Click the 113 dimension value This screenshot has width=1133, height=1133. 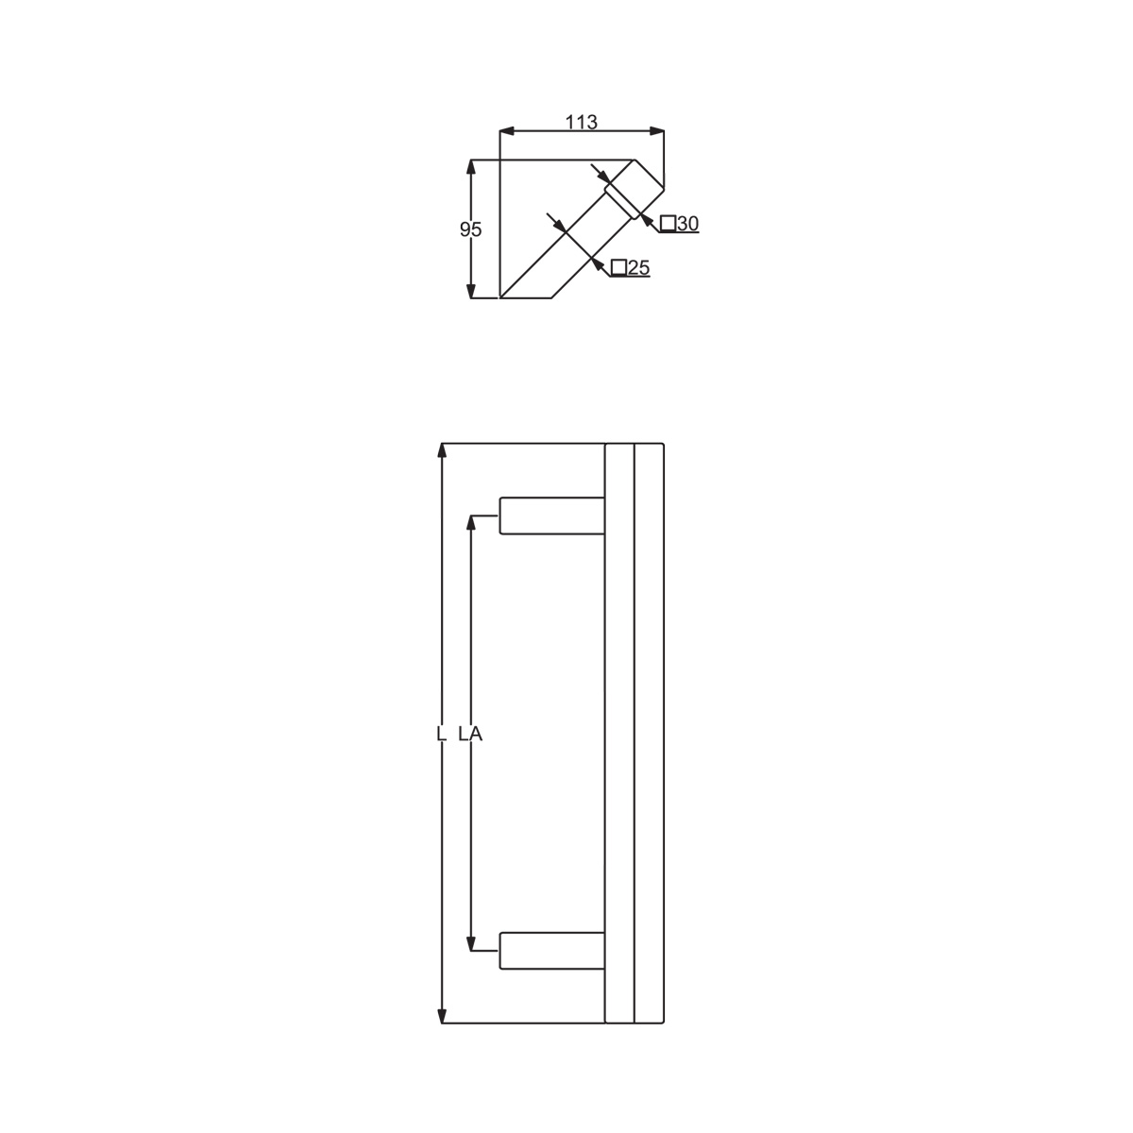coord(581,122)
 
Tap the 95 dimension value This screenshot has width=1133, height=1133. coord(470,229)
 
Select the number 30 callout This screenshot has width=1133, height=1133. coord(687,224)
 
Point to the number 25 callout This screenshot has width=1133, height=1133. coord(638,267)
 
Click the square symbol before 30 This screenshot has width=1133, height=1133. coord(668,224)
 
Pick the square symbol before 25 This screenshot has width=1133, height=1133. coord(618,267)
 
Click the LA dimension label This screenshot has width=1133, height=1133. coord(470,734)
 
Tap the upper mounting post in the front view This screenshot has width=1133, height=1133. coord(551,516)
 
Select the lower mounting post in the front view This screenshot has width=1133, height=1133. coord(551,950)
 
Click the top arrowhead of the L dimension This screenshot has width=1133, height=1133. coord(442,450)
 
